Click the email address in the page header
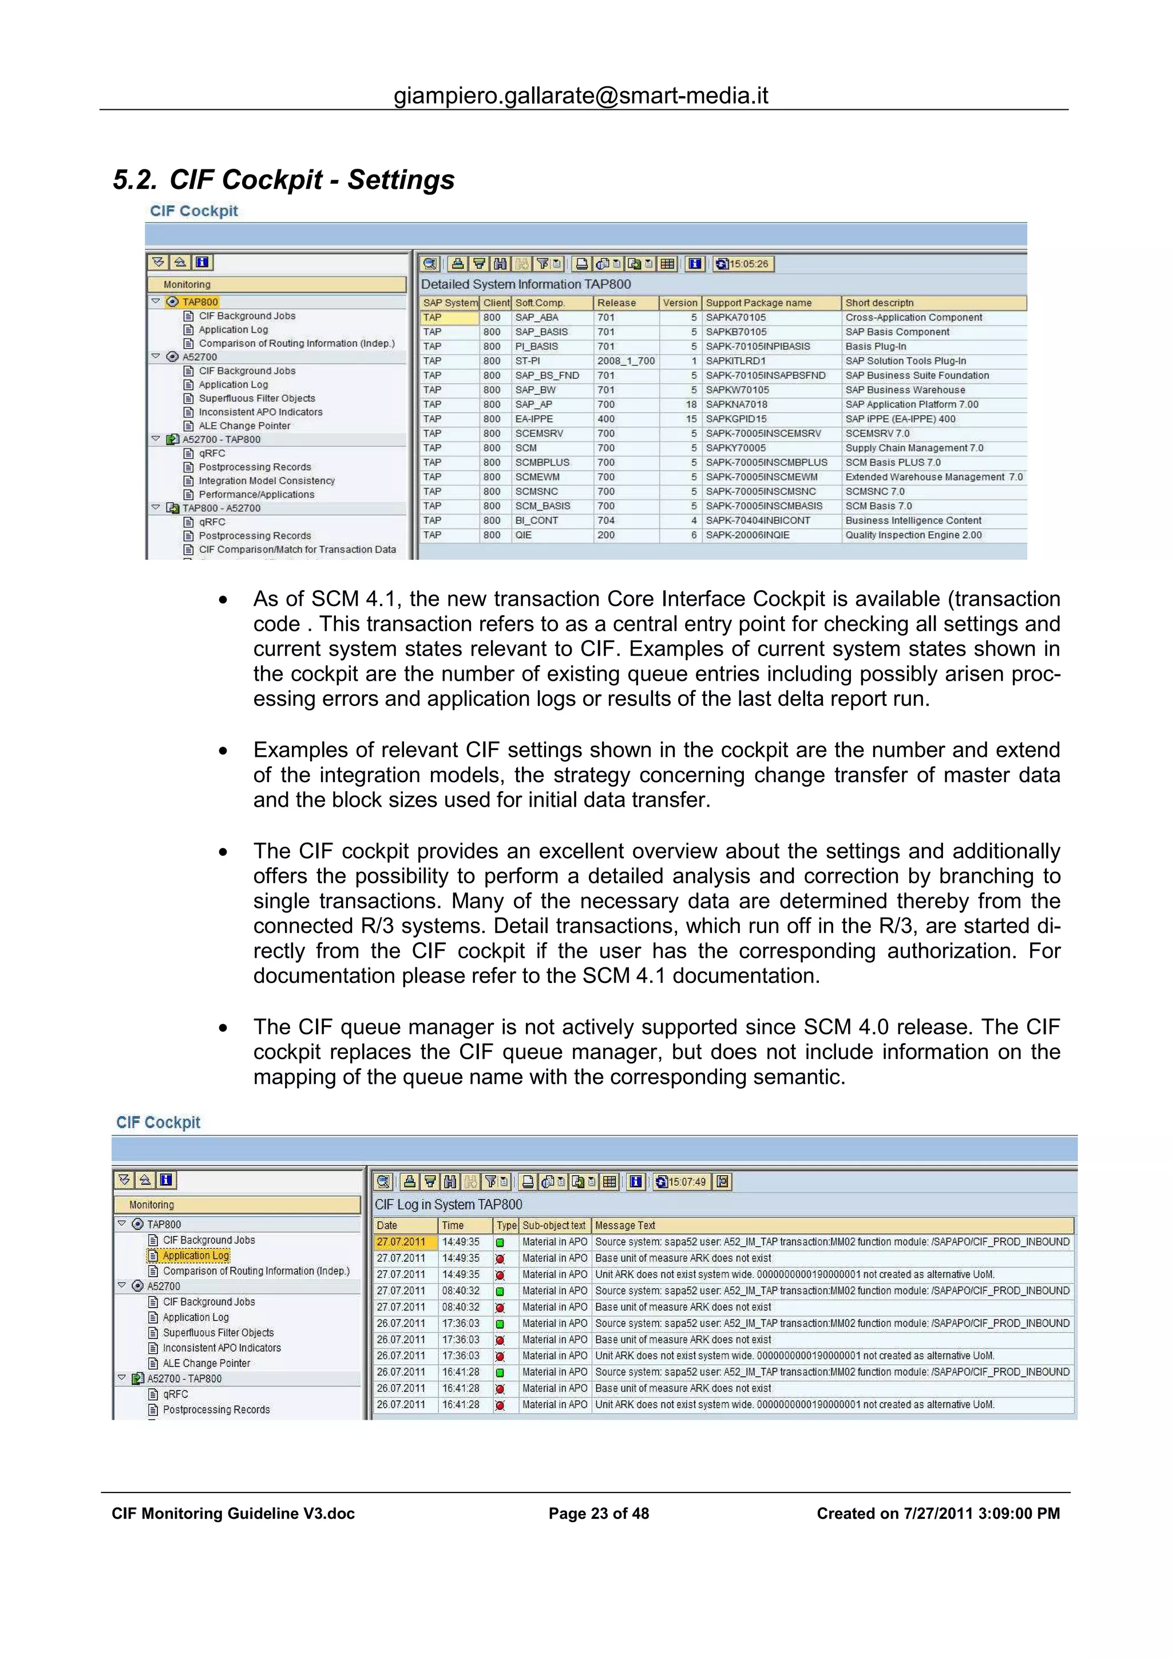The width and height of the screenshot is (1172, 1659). click(581, 96)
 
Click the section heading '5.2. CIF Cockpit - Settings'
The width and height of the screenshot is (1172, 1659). click(284, 180)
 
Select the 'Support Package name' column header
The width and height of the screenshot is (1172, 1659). click(758, 303)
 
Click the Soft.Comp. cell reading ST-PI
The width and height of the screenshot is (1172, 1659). click(527, 361)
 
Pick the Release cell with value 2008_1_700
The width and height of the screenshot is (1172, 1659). click(625, 361)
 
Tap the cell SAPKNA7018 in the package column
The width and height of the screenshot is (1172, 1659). click(736, 404)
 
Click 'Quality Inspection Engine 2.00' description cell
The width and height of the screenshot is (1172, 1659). click(913, 535)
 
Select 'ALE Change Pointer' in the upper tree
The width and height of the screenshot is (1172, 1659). click(244, 425)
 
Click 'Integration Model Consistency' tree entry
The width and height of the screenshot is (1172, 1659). click(267, 480)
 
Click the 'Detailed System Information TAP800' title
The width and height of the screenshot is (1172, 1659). click(526, 284)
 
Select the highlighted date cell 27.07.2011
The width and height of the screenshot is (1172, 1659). click(401, 1241)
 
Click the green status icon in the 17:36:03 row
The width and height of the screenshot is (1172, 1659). click(499, 1324)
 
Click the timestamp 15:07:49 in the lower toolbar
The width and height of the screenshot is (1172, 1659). click(686, 1182)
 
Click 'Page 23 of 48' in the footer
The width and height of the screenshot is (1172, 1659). click(598, 1513)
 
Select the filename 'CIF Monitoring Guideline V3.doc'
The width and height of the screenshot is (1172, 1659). click(233, 1513)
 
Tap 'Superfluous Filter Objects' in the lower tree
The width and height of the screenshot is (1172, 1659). click(218, 1332)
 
